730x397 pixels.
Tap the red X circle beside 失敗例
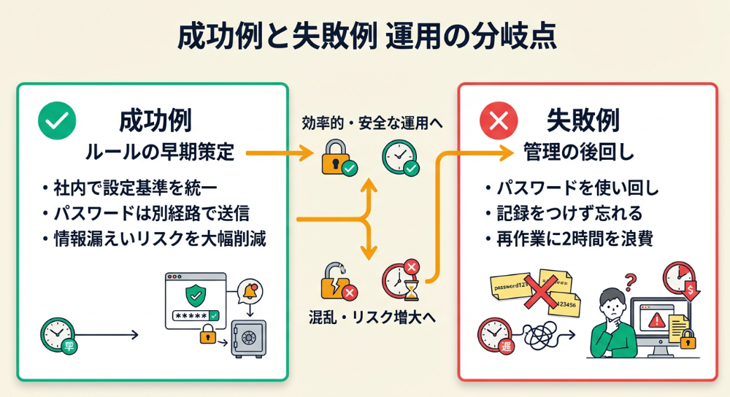tap(498, 120)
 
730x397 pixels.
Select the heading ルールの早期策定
tap(159, 153)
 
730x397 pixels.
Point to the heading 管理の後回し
tap(579, 153)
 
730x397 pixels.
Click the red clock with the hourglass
tap(401, 280)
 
